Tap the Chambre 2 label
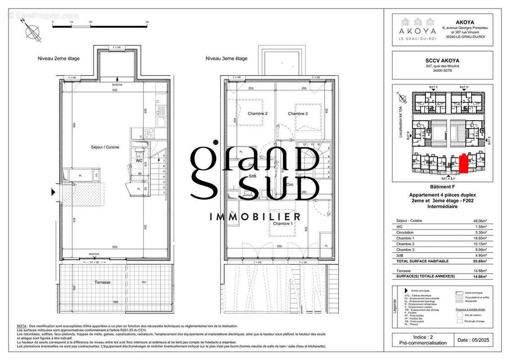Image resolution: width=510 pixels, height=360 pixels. (257, 114)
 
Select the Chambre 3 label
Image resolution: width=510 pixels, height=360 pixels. (298, 114)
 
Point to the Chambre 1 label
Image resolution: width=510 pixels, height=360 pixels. (283, 224)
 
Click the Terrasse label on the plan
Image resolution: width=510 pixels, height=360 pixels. (103, 283)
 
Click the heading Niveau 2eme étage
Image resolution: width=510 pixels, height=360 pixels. (58, 58)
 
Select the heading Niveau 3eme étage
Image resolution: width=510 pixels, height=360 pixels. (226, 58)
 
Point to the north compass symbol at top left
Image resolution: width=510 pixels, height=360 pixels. (32, 32)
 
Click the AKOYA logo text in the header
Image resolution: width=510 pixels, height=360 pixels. (418, 31)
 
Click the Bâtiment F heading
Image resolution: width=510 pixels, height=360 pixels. (442, 186)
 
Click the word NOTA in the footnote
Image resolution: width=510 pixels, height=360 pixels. (22, 326)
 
